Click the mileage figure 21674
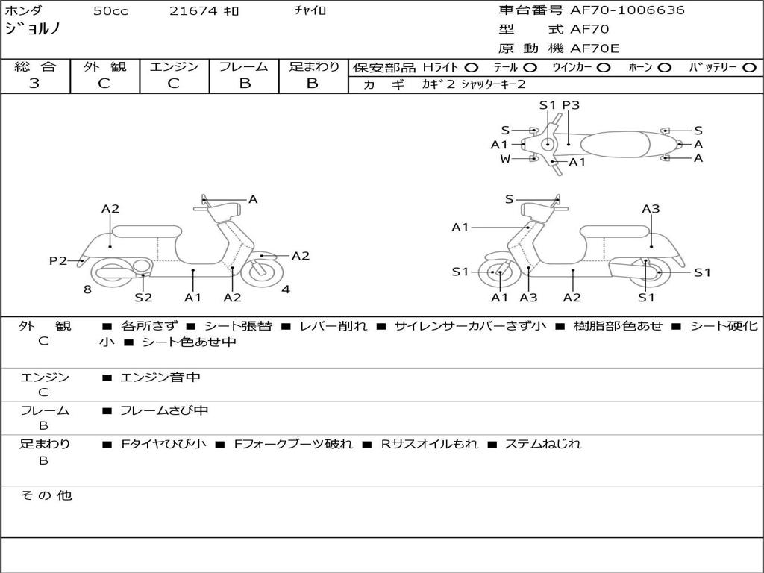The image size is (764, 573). pos(193,11)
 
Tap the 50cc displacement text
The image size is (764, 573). pos(110,11)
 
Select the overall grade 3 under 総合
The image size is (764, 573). pos(34,84)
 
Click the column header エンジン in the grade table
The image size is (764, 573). pos(174,66)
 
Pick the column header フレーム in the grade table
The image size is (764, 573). pos(244,66)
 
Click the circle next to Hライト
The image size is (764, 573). pos(472,68)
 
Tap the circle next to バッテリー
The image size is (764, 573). pos(750,68)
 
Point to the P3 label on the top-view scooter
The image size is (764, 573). pos(571,105)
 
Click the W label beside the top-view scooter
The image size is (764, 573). pos(505,159)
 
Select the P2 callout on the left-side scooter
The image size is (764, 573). pos(58,260)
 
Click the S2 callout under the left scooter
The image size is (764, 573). pos(143,297)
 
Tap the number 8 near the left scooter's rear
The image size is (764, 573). pos(87,289)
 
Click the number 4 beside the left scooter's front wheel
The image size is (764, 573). pos(286,289)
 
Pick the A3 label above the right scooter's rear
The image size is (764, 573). pos(651,209)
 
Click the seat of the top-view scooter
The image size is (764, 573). pos(616,145)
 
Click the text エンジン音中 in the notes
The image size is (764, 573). pos(160,377)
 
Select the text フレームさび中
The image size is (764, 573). pos(164,411)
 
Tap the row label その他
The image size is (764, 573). pos(46,495)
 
